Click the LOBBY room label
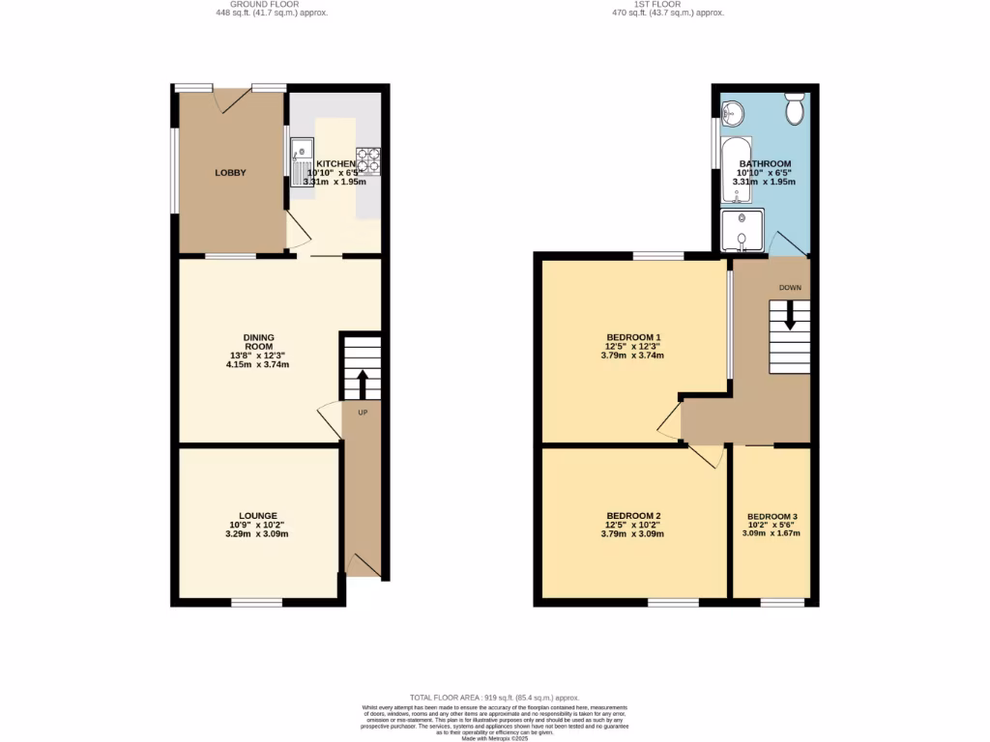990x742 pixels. (230, 173)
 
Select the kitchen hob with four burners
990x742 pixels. (368, 159)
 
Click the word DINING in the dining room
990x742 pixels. (258, 337)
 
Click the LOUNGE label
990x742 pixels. (258, 516)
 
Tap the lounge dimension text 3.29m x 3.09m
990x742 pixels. (258, 534)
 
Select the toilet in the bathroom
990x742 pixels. (795, 109)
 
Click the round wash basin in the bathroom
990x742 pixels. (732, 112)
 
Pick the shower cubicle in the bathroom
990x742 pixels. (742, 231)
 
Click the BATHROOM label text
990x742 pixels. (765, 164)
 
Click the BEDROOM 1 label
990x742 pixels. (633, 337)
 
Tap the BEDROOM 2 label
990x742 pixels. (633, 516)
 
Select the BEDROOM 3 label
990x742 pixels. (771, 516)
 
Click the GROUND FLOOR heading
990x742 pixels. (245, 4)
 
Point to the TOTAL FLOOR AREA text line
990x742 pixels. (494, 698)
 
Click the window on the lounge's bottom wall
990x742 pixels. (256, 603)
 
